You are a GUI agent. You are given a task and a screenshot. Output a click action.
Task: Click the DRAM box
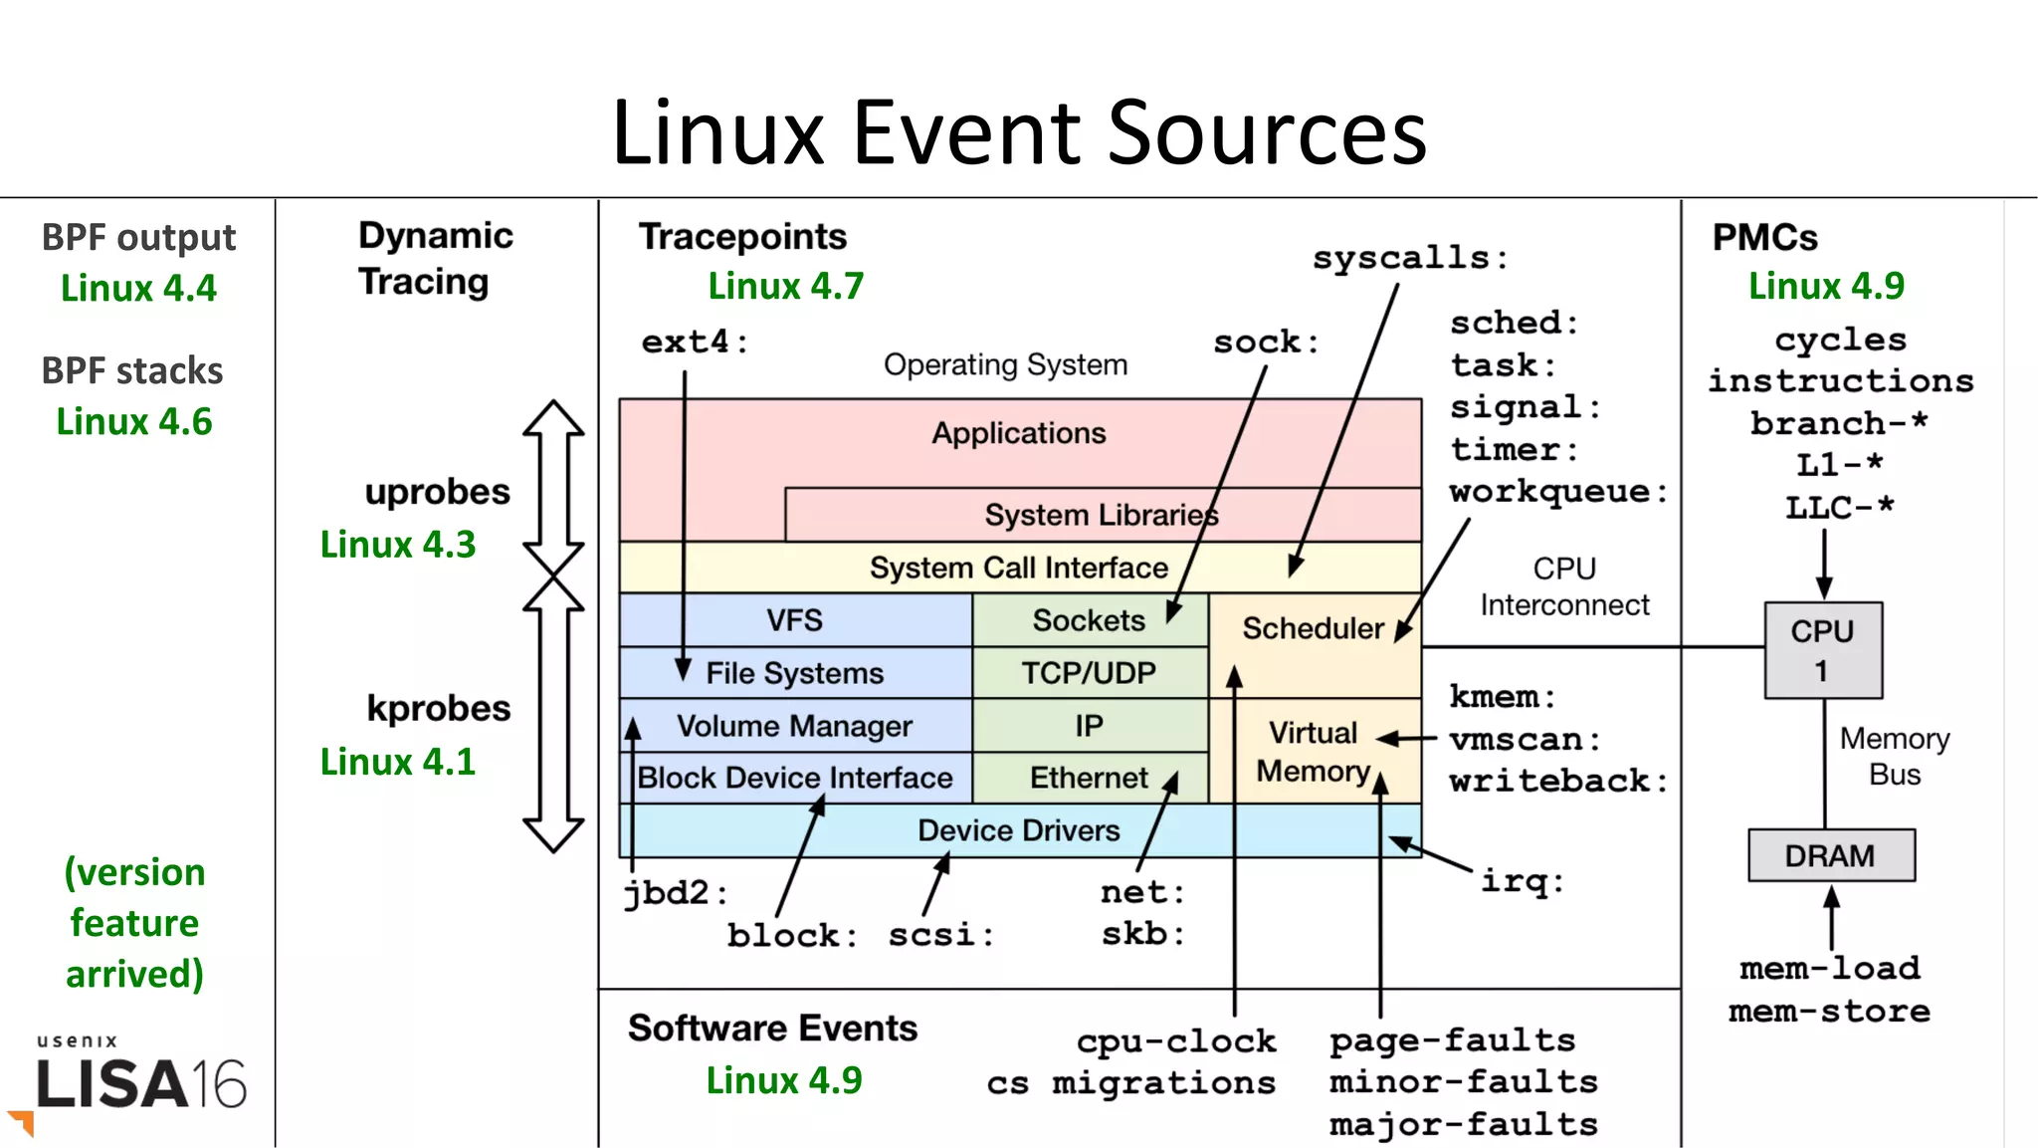(1830, 856)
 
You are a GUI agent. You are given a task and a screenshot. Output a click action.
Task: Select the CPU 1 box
(1822, 650)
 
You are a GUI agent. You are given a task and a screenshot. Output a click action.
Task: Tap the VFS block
(794, 620)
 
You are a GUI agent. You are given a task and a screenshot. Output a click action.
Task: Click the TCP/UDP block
(1089, 673)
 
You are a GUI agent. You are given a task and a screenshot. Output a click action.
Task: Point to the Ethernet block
(1089, 778)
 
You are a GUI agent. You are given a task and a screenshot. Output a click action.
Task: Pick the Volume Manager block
(794, 726)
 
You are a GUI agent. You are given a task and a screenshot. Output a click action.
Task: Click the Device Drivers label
(1018, 830)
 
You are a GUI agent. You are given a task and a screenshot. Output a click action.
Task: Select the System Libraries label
(1101, 515)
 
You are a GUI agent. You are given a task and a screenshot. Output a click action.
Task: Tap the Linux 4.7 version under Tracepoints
(785, 287)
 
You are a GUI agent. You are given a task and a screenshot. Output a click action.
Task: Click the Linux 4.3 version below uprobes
(398, 545)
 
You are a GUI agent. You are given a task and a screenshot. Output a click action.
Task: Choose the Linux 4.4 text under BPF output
(138, 289)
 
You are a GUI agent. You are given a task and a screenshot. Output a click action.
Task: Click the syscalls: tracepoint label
(1409, 258)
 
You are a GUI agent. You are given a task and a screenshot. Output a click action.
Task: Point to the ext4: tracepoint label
(694, 343)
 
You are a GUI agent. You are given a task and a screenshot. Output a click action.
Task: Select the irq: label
(1522, 881)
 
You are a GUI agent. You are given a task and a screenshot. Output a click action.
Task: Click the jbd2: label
(675, 892)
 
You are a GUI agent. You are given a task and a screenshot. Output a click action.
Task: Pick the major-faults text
(1463, 1125)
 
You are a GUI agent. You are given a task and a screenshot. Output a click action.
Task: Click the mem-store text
(1829, 1012)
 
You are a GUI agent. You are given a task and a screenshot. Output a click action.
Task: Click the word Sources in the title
(1267, 132)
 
